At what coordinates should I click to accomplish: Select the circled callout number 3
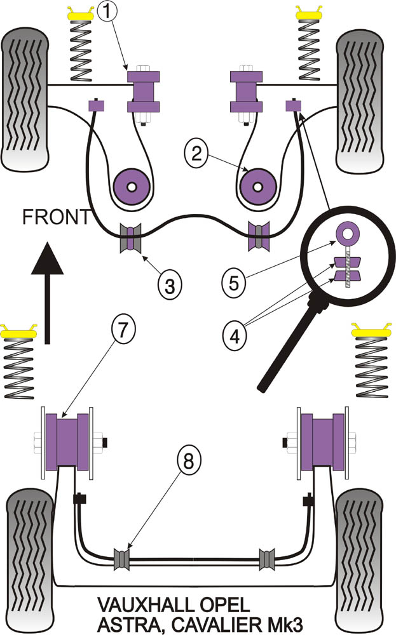point(168,284)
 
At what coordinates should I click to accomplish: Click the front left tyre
point(25,100)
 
